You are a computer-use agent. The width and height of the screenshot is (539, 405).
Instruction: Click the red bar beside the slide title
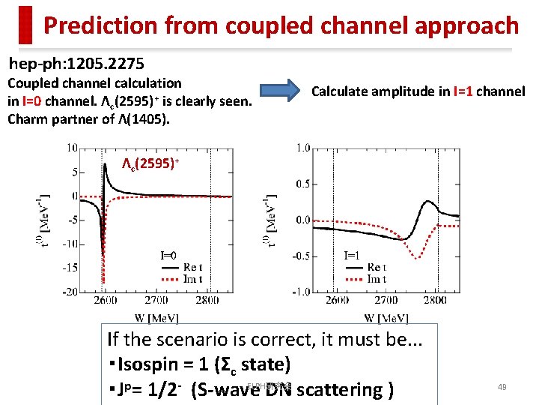tap(26, 25)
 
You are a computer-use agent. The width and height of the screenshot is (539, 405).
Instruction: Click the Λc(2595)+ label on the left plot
tap(151, 163)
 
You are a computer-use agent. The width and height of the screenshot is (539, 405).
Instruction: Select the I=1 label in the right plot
tap(351, 255)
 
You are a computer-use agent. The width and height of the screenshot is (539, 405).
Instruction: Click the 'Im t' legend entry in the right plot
tap(377, 280)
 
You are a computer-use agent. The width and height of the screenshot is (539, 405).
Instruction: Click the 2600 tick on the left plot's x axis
tap(105, 301)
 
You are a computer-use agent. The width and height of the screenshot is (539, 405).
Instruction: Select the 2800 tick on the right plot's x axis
tap(433, 301)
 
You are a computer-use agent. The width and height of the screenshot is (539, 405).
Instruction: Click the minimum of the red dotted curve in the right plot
tap(418, 257)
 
